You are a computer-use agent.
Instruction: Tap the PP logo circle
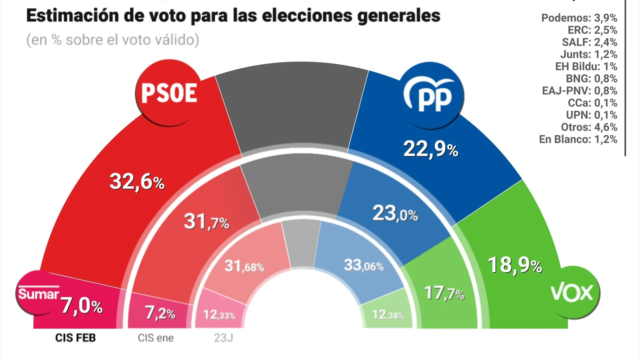(x=431, y=96)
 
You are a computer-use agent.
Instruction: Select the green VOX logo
(x=572, y=293)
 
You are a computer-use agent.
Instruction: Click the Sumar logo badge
(x=38, y=293)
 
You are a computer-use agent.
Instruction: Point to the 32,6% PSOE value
(x=137, y=182)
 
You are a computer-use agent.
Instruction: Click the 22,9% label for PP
(x=430, y=149)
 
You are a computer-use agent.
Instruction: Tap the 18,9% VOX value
(x=515, y=265)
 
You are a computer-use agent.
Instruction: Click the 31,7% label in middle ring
(x=206, y=222)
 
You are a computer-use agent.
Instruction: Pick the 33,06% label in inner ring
(x=363, y=265)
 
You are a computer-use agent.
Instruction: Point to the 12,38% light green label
(x=387, y=315)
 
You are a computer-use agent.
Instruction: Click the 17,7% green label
(x=444, y=293)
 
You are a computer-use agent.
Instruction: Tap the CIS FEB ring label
(x=75, y=338)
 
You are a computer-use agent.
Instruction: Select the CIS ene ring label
(x=156, y=338)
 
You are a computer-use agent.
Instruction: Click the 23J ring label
(x=223, y=338)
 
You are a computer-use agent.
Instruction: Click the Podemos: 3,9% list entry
(x=579, y=18)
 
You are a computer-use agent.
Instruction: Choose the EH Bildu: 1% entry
(x=586, y=66)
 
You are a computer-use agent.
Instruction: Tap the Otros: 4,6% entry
(x=589, y=127)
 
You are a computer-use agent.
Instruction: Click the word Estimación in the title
(x=72, y=15)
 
